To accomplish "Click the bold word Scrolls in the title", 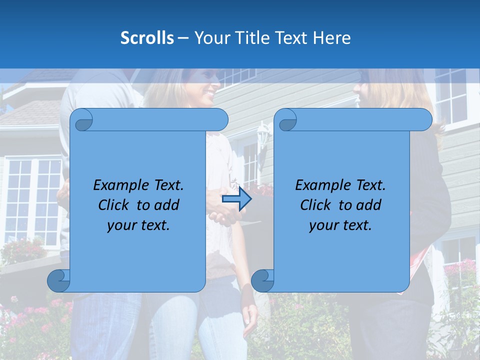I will pos(147,38).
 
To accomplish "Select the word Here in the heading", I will pos(331,38).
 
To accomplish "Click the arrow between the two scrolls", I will pos(236,199).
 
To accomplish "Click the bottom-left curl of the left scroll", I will pos(58,280).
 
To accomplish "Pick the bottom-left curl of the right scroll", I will pos(262,280).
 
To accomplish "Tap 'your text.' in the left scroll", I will pos(138,225).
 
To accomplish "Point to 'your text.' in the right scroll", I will pos(340,225).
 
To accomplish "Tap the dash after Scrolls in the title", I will pos(183,38).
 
